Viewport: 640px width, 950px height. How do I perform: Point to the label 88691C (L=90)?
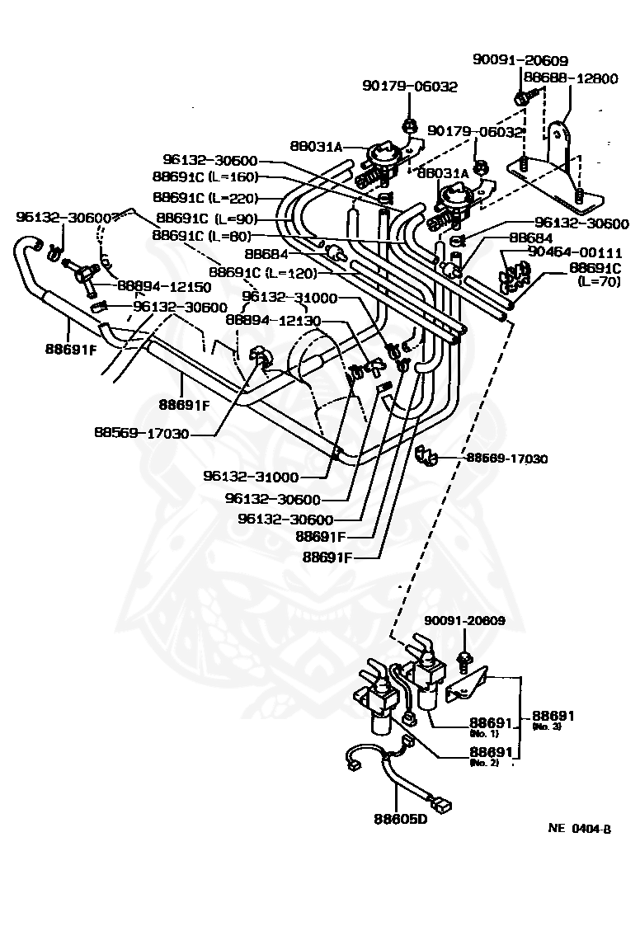[x=206, y=219]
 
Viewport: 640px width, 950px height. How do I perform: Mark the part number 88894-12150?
[x=163, y=287]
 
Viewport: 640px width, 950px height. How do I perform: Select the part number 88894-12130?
[x=275, y=321]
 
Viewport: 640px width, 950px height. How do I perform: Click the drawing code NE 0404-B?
[x=579, y=829]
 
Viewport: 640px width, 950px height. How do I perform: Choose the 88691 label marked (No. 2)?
[x=491, y=754]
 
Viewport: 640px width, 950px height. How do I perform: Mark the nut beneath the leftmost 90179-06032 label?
[x=409, y=126]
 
